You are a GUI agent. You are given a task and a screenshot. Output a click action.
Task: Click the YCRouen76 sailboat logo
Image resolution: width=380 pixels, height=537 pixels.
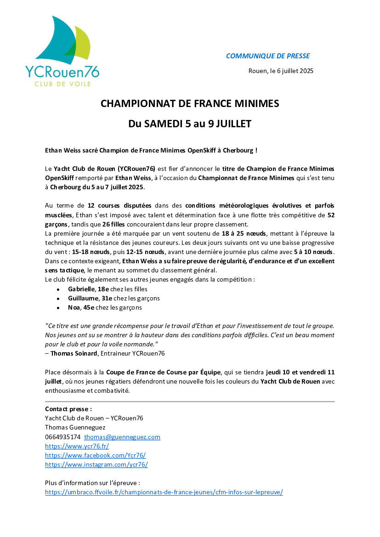tap(62, 51)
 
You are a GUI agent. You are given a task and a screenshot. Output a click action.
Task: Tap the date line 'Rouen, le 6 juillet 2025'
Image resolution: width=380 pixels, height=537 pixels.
tap(280, 71)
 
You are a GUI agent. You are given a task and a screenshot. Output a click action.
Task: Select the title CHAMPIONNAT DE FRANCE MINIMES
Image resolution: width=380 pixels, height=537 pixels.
tap(190, 104)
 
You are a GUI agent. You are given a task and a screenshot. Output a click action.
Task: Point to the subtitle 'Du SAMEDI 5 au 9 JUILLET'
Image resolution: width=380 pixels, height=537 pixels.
tap(190, 124)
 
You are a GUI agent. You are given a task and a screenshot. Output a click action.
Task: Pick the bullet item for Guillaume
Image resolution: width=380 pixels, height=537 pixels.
tap(113, 298)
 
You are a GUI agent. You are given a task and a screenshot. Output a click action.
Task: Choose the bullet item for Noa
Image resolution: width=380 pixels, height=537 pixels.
tap(105, 307)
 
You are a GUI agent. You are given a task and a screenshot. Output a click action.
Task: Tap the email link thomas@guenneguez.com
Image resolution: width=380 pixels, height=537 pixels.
tap(122, 437)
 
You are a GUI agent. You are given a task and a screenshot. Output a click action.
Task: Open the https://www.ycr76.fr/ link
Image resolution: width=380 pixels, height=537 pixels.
tap(77, 446)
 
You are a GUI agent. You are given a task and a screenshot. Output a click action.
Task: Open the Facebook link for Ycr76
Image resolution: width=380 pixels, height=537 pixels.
tap(95, 455)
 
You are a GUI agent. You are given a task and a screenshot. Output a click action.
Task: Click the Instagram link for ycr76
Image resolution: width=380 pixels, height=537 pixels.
tap(96, 464)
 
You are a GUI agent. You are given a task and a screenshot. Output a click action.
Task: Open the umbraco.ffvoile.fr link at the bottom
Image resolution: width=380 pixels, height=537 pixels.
tap(164, 492)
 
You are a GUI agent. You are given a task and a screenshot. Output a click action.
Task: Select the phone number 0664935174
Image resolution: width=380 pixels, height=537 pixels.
tap(62, 437)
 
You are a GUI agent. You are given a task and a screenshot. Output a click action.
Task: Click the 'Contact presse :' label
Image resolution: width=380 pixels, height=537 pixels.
tap(68, 409)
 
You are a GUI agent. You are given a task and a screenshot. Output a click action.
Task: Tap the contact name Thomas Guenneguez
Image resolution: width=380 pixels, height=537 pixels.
tap(75, 427)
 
